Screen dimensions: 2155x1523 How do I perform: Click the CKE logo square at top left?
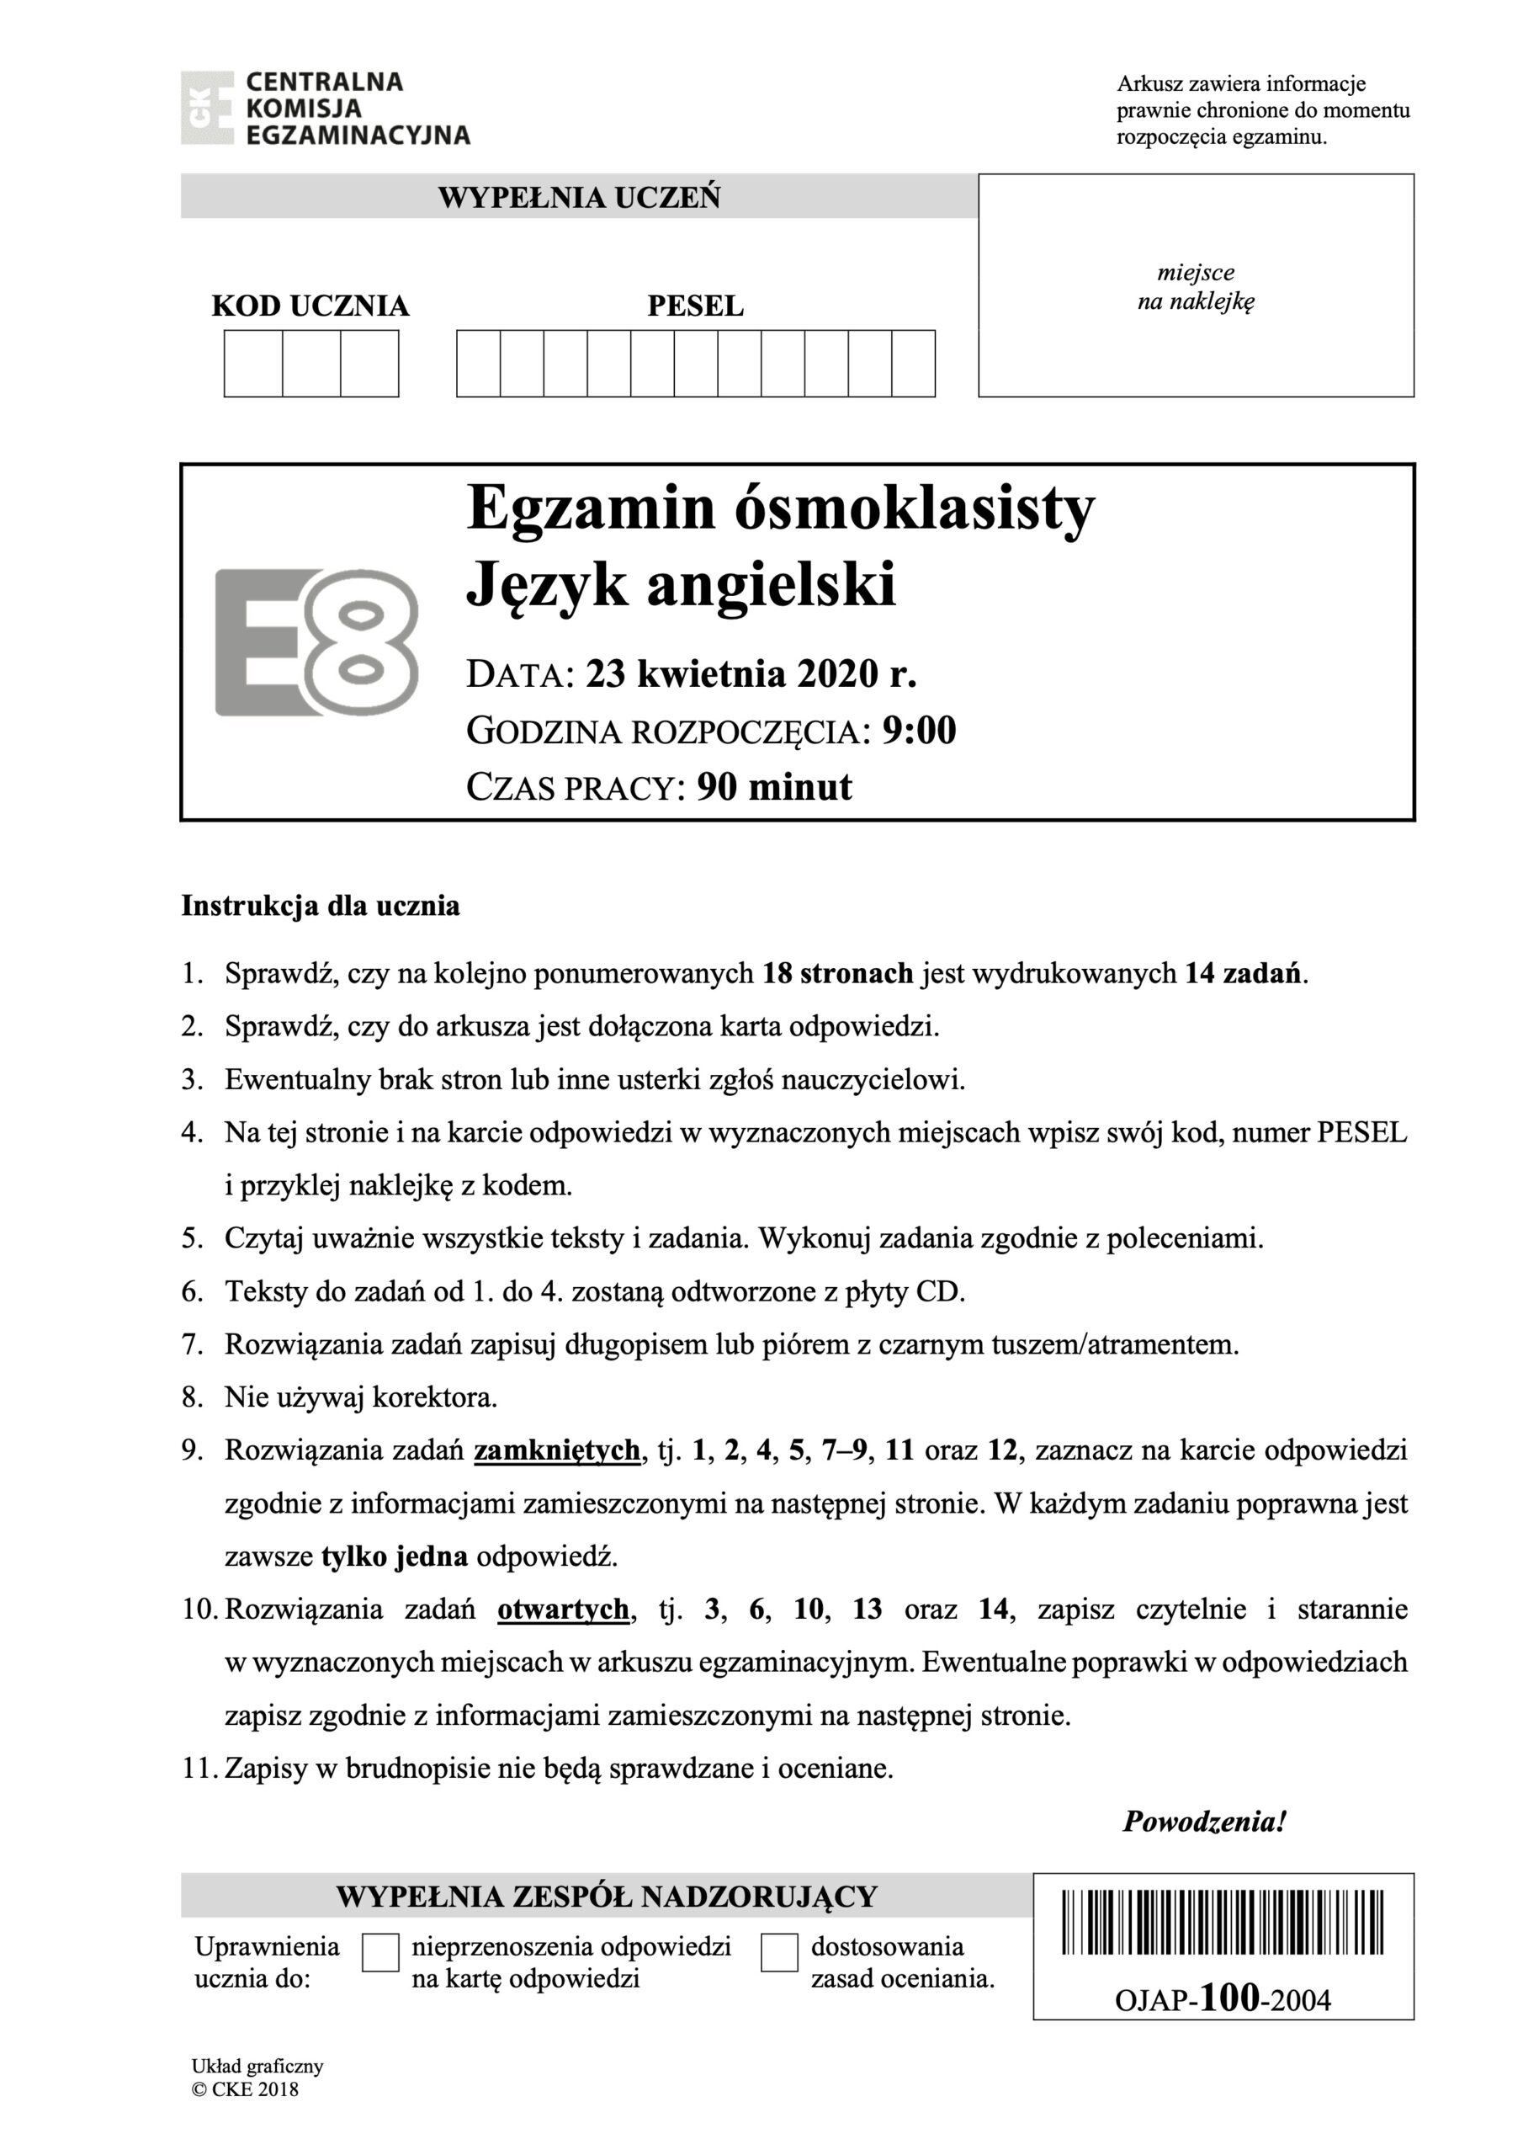(206, 108)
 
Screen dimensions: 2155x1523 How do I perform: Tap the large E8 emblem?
(316, 642)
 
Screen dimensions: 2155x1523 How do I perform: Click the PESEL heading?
(695, 306)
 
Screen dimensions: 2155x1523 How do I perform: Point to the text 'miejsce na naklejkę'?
(1196, 287)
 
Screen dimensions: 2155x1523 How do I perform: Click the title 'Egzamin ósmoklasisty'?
(780, 508)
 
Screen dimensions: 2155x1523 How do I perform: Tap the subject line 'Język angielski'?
(682, 584)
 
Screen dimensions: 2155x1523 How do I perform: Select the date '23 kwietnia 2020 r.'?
(751, 674)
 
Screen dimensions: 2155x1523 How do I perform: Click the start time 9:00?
(919, 730)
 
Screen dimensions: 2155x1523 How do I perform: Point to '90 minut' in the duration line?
(774, 786)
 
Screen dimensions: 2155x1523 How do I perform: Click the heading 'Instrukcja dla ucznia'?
(320, 906)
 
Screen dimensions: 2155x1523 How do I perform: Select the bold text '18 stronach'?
(837, 973)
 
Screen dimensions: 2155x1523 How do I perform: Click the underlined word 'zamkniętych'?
(556, 1450)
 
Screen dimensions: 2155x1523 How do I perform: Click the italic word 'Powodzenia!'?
(1204, 1822)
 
